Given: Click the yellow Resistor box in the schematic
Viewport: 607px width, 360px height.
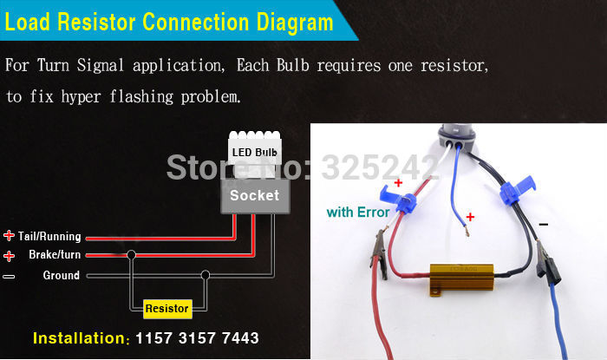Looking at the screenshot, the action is pyautogui.click(x=167, y=309).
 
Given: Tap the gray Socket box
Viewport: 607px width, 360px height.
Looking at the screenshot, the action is pyautogui.click(x=255, y=195).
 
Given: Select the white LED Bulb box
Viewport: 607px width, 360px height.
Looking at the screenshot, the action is pyautogui.click(x=255, y=153).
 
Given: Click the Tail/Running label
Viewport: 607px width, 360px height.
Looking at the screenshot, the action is pyautogui.click(x=49, y=236).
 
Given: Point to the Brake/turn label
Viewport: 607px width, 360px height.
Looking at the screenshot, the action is pyautogui.click(x=55, y=254).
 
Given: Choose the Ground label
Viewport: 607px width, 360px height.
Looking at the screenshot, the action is pyautogui.click(x=62, y=275).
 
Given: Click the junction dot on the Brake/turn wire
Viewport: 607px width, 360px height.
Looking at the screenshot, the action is pyautogui.click(x=131, y=255).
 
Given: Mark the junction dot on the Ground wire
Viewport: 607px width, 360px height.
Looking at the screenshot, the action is pyautogui.click(x=206, y=275).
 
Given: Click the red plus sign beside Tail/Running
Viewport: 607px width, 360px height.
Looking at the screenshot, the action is pyautogui.click(x=9, y=235).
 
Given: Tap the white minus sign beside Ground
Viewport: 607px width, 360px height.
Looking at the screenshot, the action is pyautogui.click(x=9, y=277).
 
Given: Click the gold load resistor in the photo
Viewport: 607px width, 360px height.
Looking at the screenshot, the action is pyautogui.click(x=461, y=278).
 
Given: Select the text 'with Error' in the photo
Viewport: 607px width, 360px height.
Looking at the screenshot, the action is pyautogui.click(x=358, y=213).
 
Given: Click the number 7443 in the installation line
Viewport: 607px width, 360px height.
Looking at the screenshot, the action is pyautogui.click(x=240, y=338).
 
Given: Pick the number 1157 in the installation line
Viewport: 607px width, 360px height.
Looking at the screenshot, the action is pyautogui.click(x=153, y=338).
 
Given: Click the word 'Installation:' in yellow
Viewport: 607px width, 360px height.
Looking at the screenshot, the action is pyautogui.click(x=82, y=338).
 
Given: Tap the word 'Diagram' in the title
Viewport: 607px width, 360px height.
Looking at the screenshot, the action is pyautogui.click(x=295, y=23).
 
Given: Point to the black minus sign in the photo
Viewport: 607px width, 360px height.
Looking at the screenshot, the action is pyautogui.click(x=544, y=224).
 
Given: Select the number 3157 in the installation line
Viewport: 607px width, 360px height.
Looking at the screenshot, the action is pyautogui.click(x=197, y=338).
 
